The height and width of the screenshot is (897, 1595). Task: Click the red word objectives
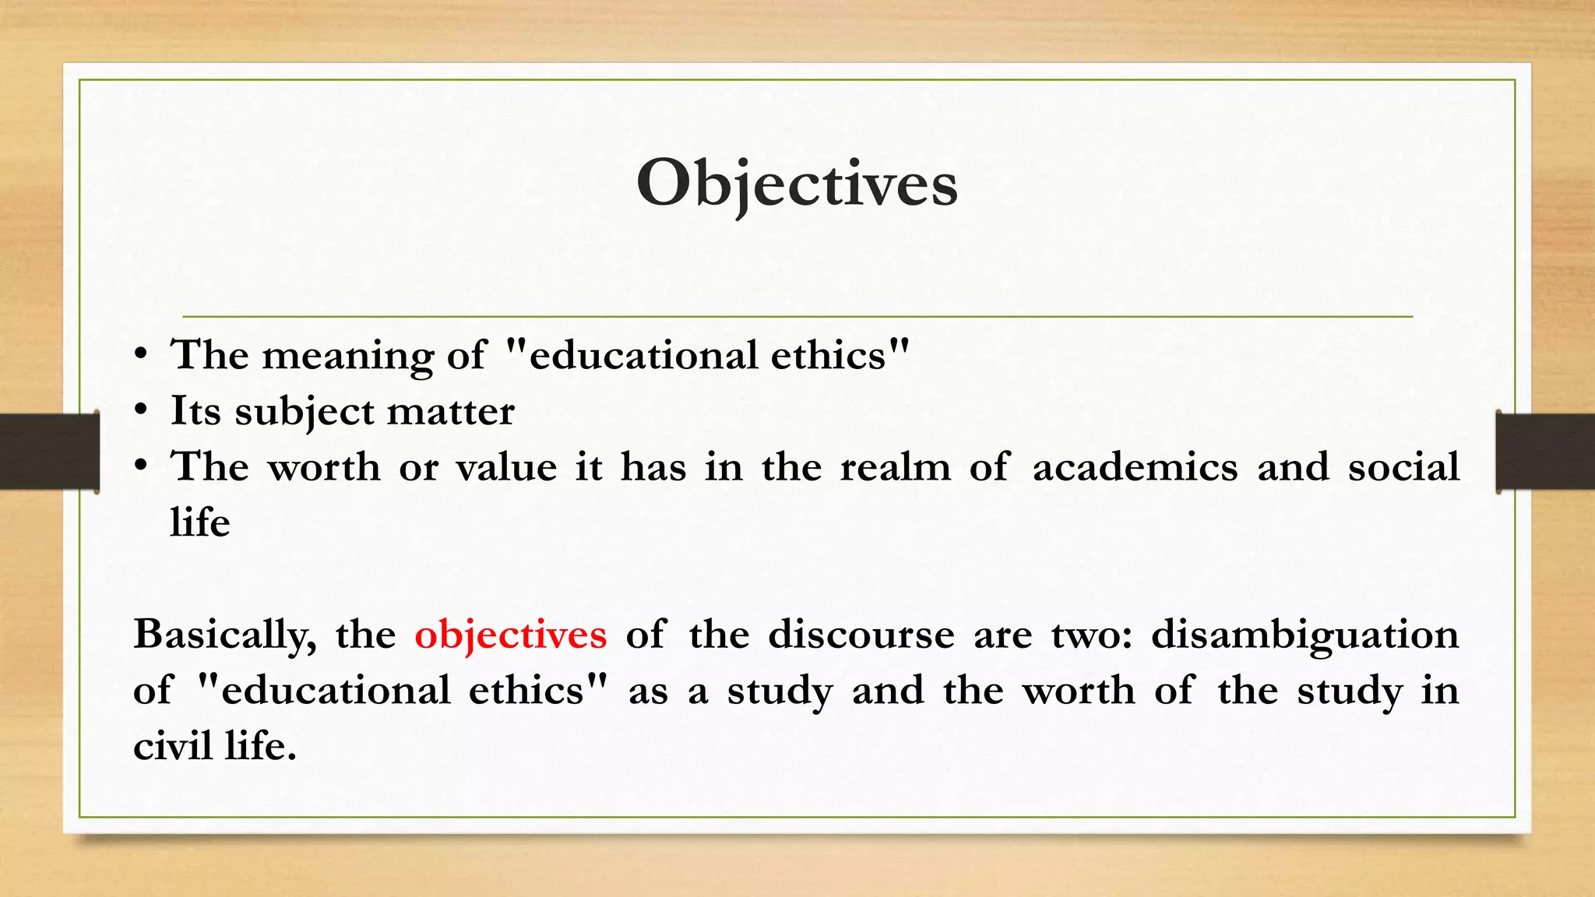[x=510, y=635]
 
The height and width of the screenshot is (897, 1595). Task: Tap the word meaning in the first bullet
[x=347, y=356]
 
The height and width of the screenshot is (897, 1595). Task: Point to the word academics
[x=1135, y=467]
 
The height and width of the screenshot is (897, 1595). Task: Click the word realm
[x=895, y=467]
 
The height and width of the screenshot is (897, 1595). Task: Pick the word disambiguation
[x=1305, y=635]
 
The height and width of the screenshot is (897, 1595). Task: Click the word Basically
[x=224, y=635]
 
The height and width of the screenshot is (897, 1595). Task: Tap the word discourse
[x=861, y=635]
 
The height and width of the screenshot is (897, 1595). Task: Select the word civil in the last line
[x=172, y=746]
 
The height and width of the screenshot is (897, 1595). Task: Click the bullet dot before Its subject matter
[x=140, y=410]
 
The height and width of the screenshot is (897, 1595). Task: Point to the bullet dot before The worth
[x=140, y=466]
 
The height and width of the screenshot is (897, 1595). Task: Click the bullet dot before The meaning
[x=140, y=354]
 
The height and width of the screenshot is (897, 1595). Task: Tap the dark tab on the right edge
[x=1545, y=452]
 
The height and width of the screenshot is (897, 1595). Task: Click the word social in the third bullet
[x=1403, y=467]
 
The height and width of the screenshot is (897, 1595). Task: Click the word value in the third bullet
[x=506, y=467]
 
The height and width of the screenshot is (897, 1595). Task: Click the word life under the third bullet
[x=200, y=522]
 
